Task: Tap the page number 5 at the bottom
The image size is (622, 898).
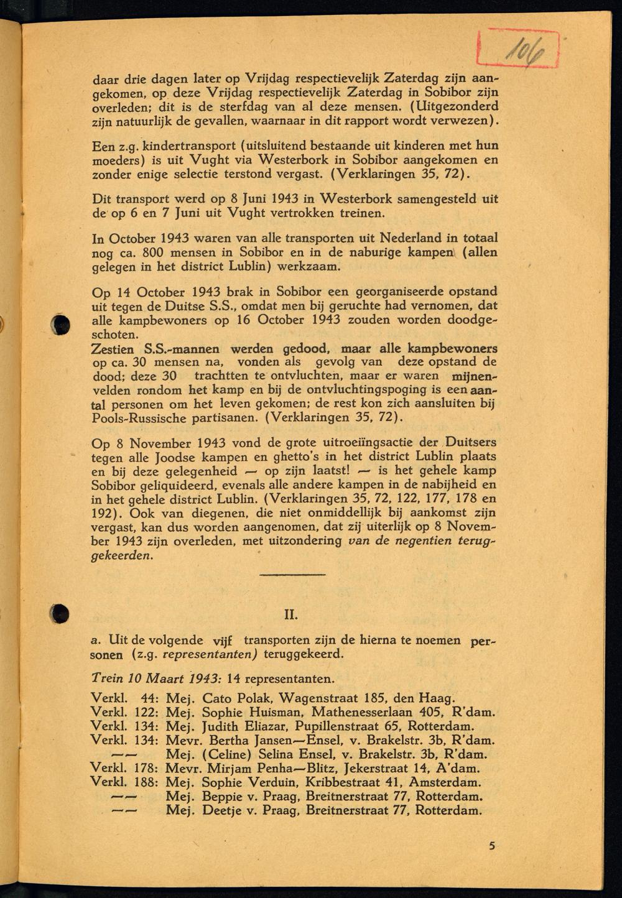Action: tap(492, 846)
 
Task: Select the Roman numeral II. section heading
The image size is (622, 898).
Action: tap(290, 616)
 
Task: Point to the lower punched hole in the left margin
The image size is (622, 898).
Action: tap(60, 613)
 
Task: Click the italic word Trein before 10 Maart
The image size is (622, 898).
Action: tap(107, 678)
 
